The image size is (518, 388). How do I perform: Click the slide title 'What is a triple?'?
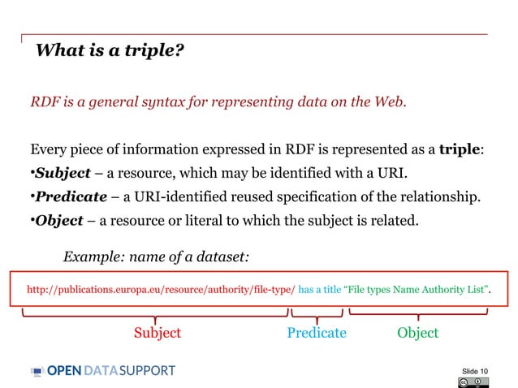pyautogui.click(x=110, y=53)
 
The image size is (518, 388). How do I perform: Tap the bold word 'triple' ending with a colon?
pyautogui.click(x=461, y=149)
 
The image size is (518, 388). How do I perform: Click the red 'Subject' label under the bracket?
pyautogui.click(x=158, y=333)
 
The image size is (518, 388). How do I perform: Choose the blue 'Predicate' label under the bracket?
pyautogui.click(x=317, y=333)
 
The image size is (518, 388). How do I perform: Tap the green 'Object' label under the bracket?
pyautogui.click(x=417, y=333)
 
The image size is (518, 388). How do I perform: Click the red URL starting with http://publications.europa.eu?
pyautogui.click(x=161, y=289)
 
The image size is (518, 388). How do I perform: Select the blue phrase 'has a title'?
pyautogui.click(x=321, y=289)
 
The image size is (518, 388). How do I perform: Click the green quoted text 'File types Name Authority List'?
pyautogui.click(x=417, y=289)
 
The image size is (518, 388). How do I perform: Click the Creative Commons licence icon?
pyautogui.click(x=473, y=382)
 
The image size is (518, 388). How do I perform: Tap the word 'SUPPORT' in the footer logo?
pyautogui.click(x=147, y=371)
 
